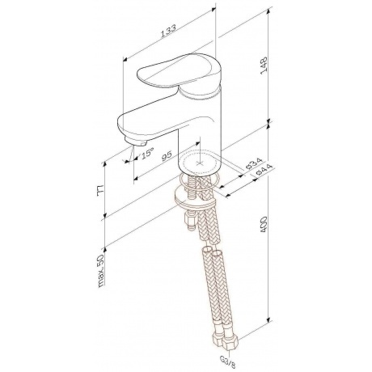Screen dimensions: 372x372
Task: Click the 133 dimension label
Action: (168, 31)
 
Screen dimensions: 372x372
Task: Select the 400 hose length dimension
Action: (263, 224)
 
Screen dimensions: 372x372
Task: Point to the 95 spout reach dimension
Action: (167, 155)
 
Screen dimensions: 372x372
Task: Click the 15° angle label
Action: (147, 153)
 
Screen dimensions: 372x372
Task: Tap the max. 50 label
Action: (101, 270)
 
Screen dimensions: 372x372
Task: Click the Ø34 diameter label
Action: (254, 163)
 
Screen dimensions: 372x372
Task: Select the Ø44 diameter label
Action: (264, 171)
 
